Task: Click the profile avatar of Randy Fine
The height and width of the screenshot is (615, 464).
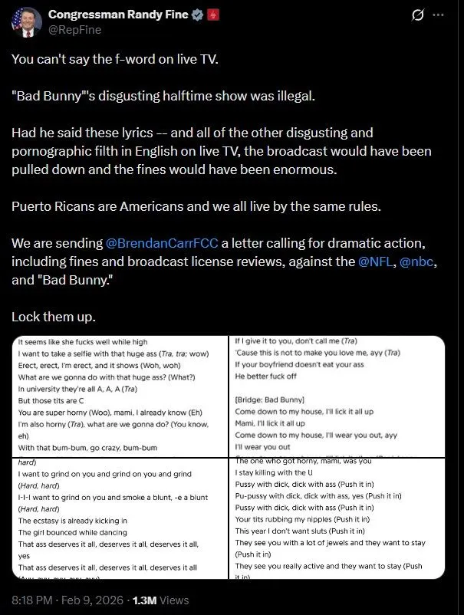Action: pyautogui.click(x=27, y=21)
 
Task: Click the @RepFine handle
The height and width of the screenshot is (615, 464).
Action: pyautogui.click(x=74, y=30)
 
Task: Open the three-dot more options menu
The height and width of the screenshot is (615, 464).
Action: pyautogui.click(x=438, y=15)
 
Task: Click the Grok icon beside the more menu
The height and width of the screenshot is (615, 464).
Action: pyautogui.click(x=419, y=15)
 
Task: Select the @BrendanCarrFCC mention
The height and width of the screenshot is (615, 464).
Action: pyautogui.click(x=163, y=244)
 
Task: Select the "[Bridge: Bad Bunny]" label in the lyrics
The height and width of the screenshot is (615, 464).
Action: pyautogui.click(x=269, y=400)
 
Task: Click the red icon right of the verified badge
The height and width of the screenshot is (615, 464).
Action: pyautogui.click(x=213, y=15)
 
